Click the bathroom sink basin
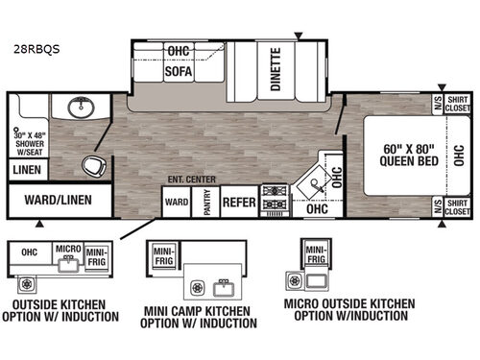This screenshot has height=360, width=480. coord(77,108)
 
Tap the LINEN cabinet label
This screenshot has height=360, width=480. coord(23,169)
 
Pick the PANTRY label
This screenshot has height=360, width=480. coord(205,204)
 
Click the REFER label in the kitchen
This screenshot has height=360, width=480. coord(239,203)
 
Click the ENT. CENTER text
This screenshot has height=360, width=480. coord(191,180)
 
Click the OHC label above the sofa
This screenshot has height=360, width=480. coord(178,50)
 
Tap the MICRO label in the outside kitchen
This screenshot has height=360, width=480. coord(67,249)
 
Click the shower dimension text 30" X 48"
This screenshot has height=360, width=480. coord(28,135)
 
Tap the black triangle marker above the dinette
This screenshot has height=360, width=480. coord(300,36)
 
